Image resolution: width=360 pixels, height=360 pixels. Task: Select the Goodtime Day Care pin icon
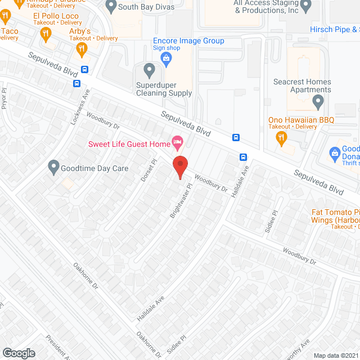(x=53, y=168)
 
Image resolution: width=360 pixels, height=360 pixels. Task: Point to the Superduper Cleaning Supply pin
(x=149, y=71)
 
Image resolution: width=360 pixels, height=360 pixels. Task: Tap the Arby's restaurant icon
(x=83, y=49)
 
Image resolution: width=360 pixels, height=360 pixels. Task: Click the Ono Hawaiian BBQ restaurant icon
(x=282, y=138)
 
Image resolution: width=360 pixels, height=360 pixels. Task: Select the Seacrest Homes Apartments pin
(x=318, y=103)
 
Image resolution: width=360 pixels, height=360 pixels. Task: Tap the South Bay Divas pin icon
(x=110, y=7)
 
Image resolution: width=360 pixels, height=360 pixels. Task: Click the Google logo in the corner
(x=18, y=353)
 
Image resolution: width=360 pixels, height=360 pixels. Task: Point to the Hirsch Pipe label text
(x=335, y=29)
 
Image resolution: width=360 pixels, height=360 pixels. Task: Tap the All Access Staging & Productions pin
(x=306, y=7)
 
